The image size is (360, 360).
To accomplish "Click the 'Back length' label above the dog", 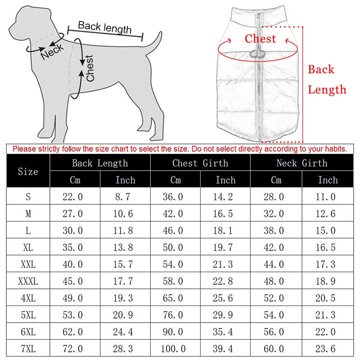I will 104,27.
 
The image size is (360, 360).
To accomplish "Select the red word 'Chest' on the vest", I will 260,39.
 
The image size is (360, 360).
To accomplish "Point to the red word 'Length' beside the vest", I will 327,90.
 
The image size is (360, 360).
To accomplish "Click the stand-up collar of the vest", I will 258,13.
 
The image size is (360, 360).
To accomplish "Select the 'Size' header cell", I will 27,171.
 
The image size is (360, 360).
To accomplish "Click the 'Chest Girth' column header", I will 200,163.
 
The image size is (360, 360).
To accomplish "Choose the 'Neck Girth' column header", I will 301,163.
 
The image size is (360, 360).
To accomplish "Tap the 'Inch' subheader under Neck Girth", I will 327,180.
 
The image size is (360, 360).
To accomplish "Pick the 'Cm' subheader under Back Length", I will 75,180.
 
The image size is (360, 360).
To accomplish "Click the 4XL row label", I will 27,298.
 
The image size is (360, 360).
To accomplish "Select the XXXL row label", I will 27,282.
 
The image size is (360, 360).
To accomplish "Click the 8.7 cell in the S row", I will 125,197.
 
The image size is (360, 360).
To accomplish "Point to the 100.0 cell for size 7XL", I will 175,349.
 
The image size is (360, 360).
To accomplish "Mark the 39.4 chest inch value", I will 225,349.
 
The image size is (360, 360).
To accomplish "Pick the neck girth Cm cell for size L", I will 276,230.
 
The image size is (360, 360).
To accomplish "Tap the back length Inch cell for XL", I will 125,247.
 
